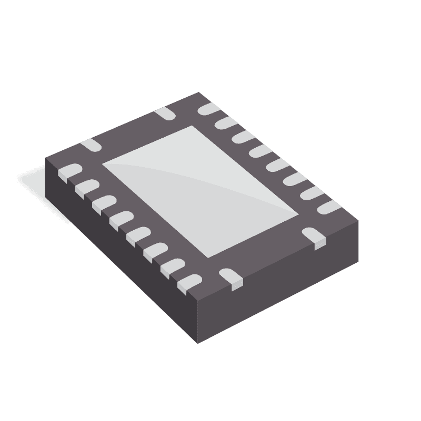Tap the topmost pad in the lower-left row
68,172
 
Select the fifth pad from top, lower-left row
136,233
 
